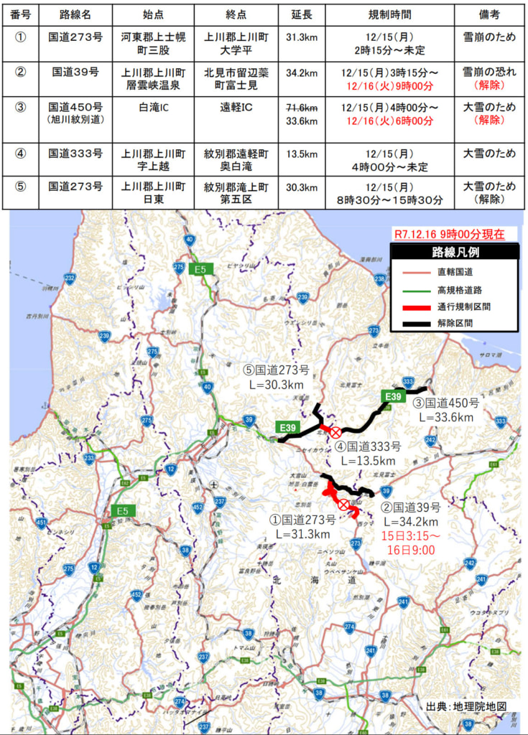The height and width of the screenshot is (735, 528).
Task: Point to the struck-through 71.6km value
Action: point(301,107)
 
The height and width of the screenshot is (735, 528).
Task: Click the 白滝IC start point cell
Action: point(154,108)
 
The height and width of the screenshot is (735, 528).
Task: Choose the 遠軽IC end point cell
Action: point(236,108)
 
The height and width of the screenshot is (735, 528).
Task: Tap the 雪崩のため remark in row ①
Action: point(490,38)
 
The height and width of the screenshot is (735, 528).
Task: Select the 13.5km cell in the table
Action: point(301,154)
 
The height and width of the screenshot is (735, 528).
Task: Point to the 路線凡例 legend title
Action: point(455,252)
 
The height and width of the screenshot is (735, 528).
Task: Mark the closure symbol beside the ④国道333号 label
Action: point(335,431)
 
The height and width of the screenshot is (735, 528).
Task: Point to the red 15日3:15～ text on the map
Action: point(410,535)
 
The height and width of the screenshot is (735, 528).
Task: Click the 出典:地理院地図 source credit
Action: point(466,706)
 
